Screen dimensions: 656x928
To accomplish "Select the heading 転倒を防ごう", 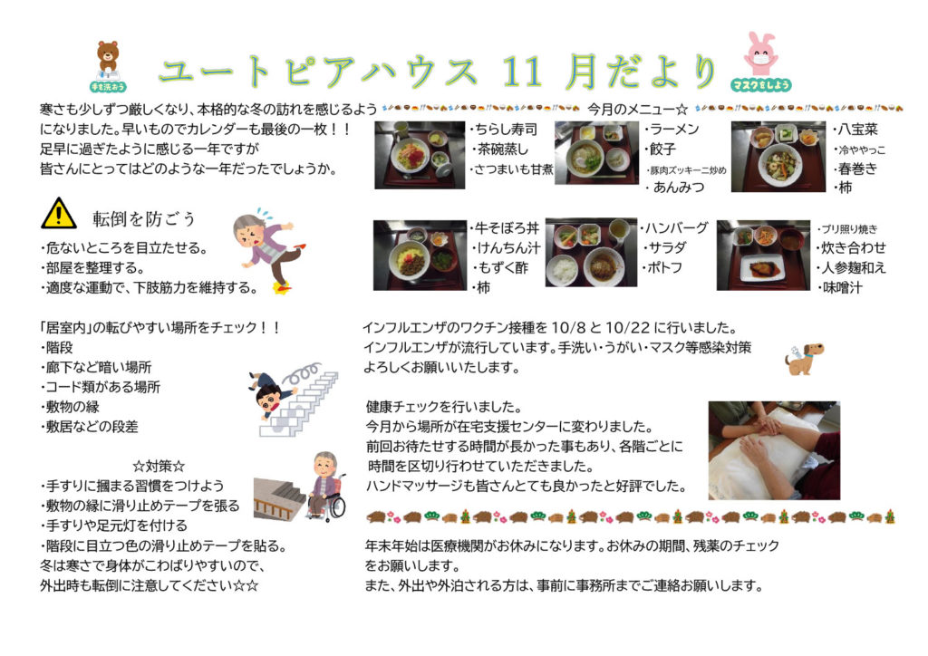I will (144, 219).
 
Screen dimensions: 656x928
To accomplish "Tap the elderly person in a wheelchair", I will (324, 486).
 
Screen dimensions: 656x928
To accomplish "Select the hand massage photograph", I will (773, 449).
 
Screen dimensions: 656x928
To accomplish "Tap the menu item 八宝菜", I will (855, 130).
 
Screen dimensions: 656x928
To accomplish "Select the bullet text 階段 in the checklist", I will (60, 346).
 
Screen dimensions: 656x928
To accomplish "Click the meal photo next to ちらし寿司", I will (420, 154).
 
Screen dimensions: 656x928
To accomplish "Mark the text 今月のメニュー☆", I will (638, 109).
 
